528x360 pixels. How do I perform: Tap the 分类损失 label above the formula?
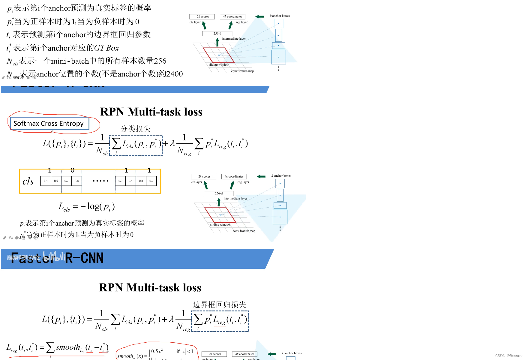[x=135, y=129]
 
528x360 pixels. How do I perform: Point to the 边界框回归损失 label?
[x=219, y=304]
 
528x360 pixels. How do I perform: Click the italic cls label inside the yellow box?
[x=28, y=181]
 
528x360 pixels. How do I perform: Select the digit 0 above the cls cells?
[x=72, y=170]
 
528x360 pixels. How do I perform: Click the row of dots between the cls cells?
[x=100, y=181]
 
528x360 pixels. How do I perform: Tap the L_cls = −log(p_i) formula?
[x=86, y=207]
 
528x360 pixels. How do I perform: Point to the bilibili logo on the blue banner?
[x=54, y=257]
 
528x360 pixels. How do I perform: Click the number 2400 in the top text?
[x=175, y=74]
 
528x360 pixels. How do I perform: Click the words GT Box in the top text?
[x=106, y=48]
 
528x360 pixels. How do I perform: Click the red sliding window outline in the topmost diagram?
[x=218, y=55]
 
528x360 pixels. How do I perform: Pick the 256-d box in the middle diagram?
[x=219, y=193]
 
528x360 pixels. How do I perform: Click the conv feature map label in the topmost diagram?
[x=242, y=71]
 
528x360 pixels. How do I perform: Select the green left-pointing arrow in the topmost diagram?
[x=259, y=16]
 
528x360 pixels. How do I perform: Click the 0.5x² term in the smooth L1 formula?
[x=157, y=351]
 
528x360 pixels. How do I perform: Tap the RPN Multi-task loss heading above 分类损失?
[x=151, y=112]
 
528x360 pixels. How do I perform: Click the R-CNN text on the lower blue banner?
[x=84, y=258]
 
